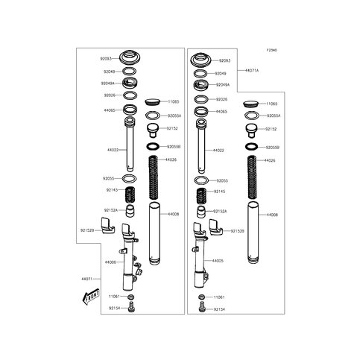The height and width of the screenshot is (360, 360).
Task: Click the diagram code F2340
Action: click(271, 51)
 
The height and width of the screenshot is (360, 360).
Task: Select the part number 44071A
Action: click(252, 69)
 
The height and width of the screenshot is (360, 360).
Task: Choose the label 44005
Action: click(218, 261)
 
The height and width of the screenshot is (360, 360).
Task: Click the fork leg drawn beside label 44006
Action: click(130, 261)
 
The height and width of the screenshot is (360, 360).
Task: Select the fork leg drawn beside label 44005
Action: click(200, 261)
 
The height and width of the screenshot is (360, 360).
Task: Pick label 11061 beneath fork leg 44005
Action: click(218, 296)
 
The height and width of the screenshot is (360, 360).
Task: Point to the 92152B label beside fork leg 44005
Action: click(238, 231)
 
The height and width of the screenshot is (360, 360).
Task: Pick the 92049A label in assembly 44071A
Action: click(223, 86)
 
